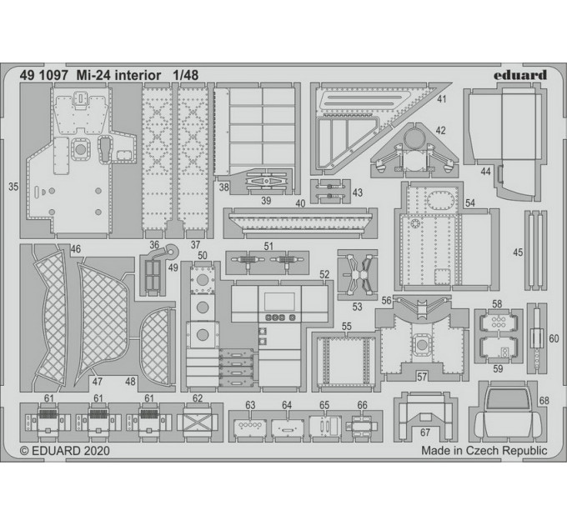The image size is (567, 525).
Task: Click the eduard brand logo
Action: [x=520, y=75]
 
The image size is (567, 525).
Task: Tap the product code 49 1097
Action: [x=44, y=75]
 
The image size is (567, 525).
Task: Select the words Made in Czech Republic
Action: [x=484, y=451]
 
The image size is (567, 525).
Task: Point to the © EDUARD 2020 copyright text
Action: [x=64, y=451]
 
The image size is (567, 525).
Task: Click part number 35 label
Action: [x=13, y=187]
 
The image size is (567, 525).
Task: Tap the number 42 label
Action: [x=440, y=131]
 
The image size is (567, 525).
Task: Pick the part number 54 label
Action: [x=470, y=203]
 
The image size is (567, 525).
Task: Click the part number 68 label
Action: [x=544, y=400]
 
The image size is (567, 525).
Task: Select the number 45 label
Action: [x=518, y=252]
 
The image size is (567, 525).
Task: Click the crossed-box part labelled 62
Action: [x=198, y=421]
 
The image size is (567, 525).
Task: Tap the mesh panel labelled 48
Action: [x=155, y=346]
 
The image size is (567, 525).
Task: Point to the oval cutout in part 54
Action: [x=439, y=198]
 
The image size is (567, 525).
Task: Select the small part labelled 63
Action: [x=250, y=427]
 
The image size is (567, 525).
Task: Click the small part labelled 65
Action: [x=324, y=426]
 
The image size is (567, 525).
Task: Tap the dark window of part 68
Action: [x=506, y=398]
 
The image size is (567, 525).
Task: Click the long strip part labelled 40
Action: [x=301, y=222]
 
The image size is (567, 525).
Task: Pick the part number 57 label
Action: [x=422, y=377]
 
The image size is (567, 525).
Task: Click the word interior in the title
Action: [x=137, y=75]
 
